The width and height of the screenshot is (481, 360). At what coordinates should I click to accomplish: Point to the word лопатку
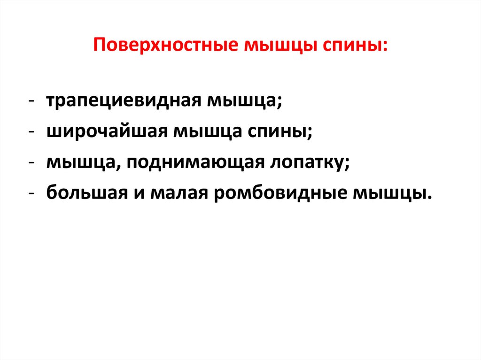[x=310, y=162]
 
